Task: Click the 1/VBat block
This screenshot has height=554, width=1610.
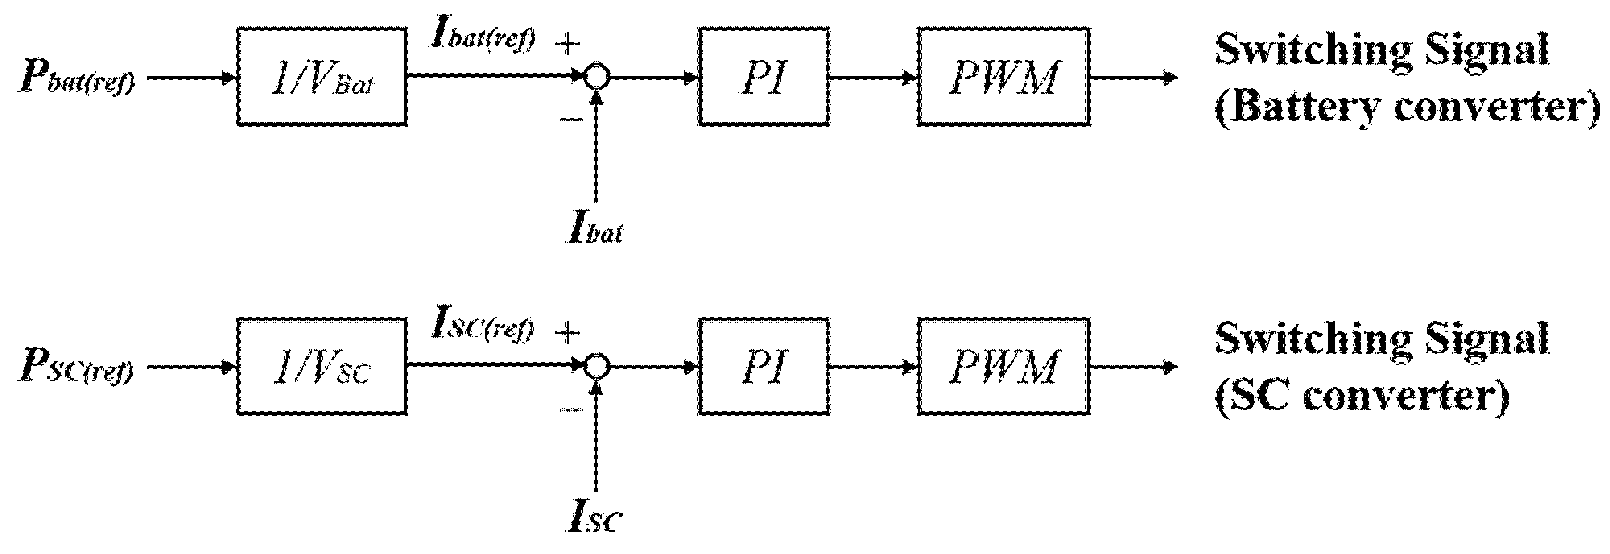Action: click(x=321, y=77)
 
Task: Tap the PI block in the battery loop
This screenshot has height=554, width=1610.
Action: click(x=763, y=77)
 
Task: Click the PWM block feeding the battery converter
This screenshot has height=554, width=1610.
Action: click(x=1003, y=77)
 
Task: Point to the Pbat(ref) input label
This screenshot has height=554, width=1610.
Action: click(x=76, y=78)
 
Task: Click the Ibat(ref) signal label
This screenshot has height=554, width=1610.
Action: click(x=481, y=36)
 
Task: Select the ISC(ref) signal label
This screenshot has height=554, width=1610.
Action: click(x=481, y=326)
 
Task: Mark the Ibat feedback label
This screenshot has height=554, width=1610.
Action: click(x=595, y=229)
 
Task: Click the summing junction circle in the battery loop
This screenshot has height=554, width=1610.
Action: click(x=596, y=78)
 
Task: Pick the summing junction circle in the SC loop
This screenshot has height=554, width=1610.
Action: click(x=596, y=367)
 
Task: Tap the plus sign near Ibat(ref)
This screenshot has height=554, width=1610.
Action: click(x=568, y=44)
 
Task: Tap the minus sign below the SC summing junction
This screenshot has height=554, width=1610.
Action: click(x=570, y=410)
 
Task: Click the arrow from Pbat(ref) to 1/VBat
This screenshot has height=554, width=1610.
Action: click(x=191, y=78)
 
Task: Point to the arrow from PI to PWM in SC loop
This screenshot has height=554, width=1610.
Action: click(x=873, y=367)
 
